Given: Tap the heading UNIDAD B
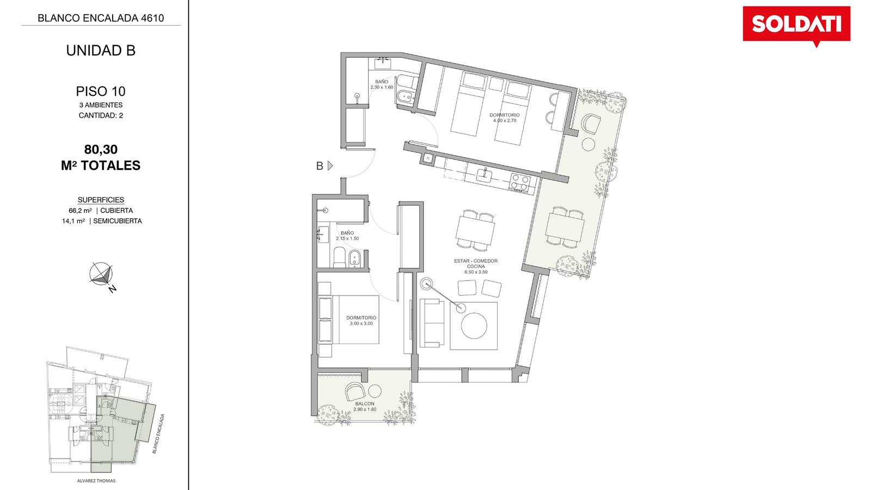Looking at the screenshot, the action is tap(101, 51).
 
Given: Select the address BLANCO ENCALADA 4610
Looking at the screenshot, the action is tap(101, 18).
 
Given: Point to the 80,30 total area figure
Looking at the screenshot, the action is tap(101, 149).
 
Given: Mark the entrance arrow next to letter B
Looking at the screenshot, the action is tap(330, 166).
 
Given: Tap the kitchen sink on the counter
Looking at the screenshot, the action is tap(485, 174).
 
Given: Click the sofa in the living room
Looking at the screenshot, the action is tap(432, 322).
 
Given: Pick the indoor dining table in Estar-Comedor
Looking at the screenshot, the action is tap(476, 229).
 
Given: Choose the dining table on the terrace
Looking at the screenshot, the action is tap(565, 227).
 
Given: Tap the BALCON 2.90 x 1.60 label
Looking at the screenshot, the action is tap(365, 406).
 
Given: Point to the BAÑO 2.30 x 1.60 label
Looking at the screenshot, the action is tap(382, 84).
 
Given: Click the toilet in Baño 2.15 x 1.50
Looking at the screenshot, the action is tap(340, 258).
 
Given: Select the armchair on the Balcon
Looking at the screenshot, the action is tap(354, 391).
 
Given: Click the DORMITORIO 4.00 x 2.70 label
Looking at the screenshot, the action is tap(505, 118).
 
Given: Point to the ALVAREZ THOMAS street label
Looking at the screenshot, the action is tap(96, 481).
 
